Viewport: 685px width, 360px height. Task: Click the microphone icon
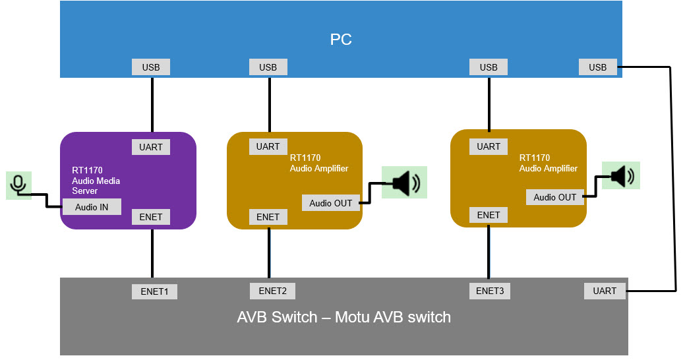click(x=18, y=185)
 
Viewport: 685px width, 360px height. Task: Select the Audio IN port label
click(x=92, y=207)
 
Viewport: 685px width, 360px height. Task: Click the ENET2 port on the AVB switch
click(x=272, y=291)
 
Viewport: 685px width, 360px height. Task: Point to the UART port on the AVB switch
click(x=605, y=291)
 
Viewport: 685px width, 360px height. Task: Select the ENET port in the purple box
click(x=151, y=216)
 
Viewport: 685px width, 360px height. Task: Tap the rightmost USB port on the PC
click(x=597, y=67)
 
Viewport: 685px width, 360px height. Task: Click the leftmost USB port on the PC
click(x=151, y=67)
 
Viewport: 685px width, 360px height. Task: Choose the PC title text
click(x=341, y=40)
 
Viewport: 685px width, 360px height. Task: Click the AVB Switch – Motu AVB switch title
click(x=343, y=317)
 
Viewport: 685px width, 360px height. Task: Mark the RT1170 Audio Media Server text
click(x=96, y=180)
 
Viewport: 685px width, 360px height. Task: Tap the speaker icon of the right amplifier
click(x=621, y=176)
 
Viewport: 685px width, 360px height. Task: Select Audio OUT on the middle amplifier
click(x=331, y=203)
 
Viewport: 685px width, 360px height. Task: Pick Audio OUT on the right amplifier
click(x=554, y=197)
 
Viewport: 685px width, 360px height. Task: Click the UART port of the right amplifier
click(x=489, y=146)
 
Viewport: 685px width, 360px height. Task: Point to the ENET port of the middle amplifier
click(x=268, y=217)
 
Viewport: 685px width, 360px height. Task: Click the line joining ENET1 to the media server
click(x=152, y=254)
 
